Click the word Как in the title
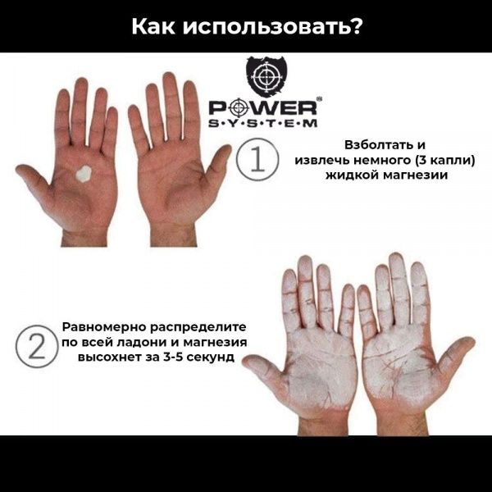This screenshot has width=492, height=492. click(156, 26)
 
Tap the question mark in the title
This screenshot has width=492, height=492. click(353, 26)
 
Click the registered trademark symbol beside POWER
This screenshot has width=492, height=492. click(319, 100)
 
